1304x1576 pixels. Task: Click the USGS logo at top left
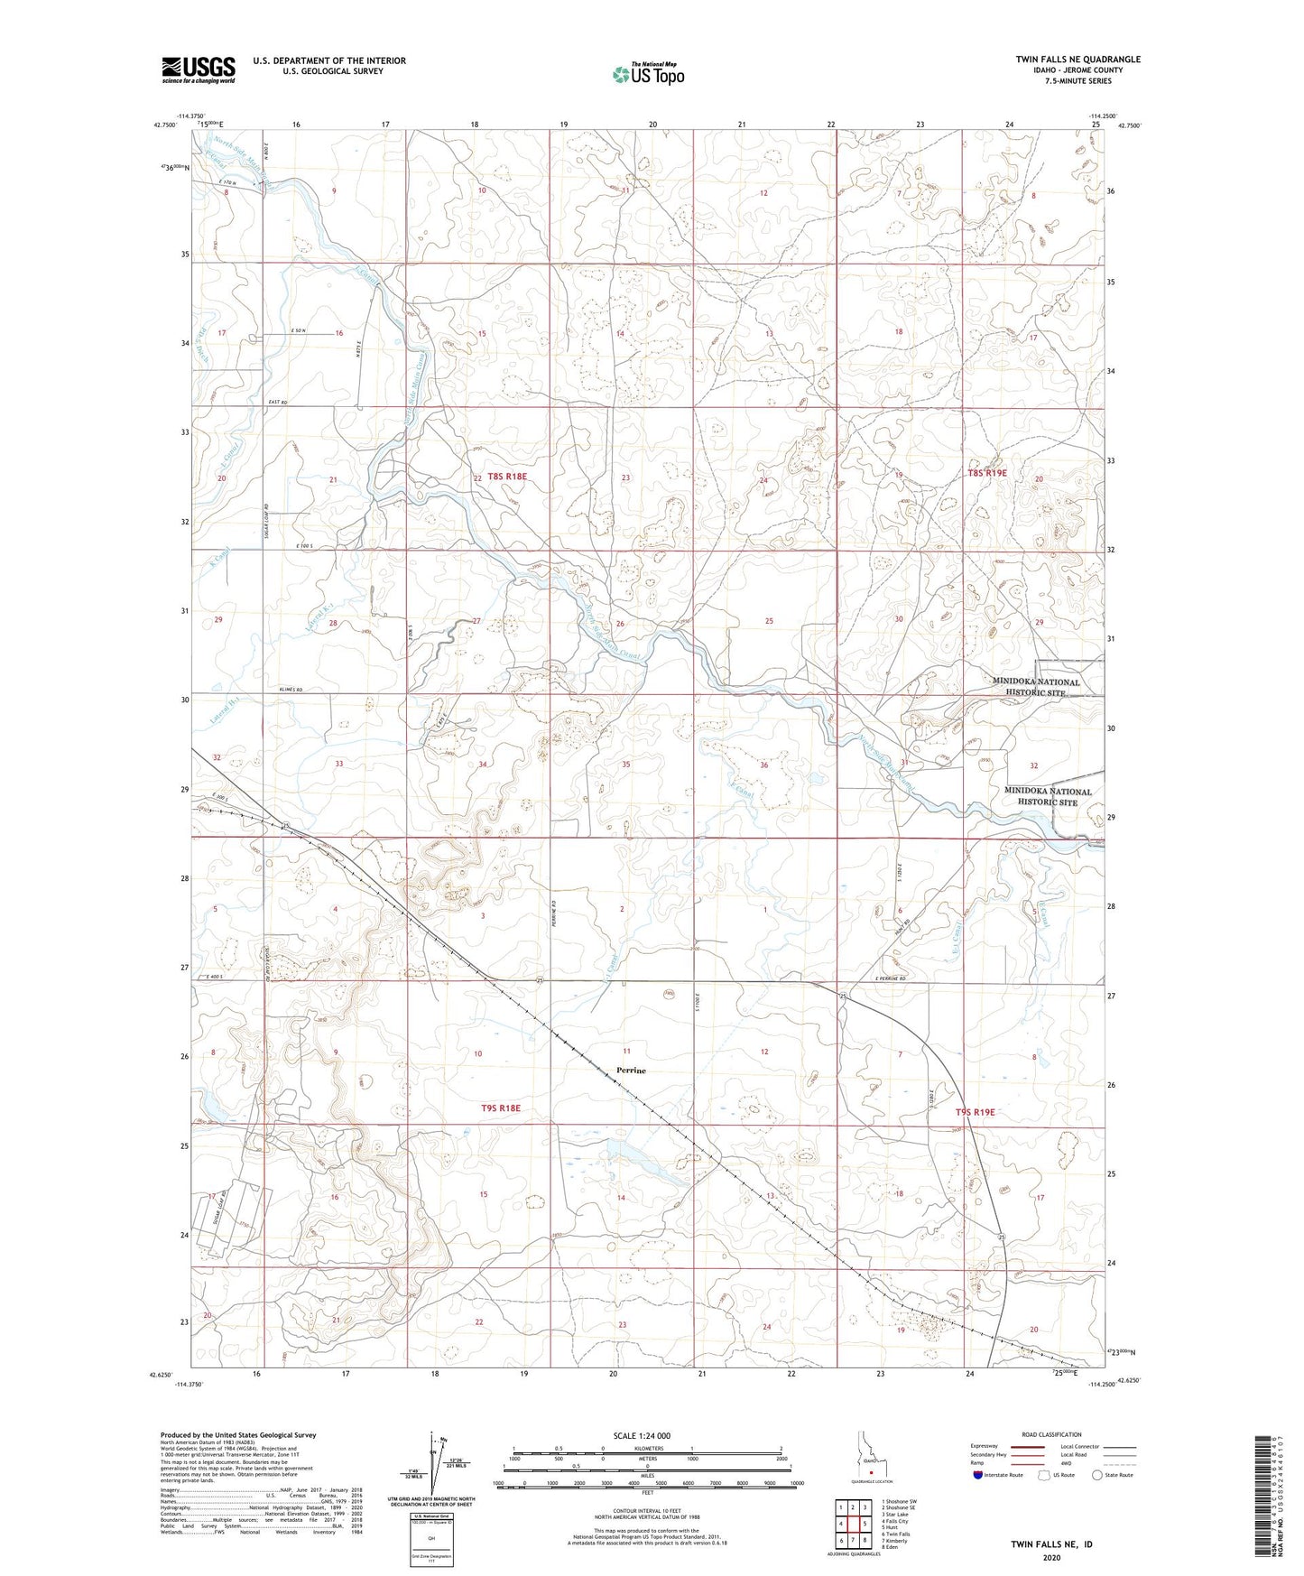(x=199, y=70)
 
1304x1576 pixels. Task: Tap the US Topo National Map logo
(x=648, y=74)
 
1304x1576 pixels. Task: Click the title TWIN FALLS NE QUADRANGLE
(x=1077, y=60)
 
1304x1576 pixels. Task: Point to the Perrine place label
(x=631, y=1071)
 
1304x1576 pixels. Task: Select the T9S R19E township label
(x=975, y=1112)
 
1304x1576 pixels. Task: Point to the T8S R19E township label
(x=986, y=473)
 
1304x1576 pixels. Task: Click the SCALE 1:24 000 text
(x=642, y=1435)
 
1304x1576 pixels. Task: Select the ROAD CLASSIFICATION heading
(x=1026, y=1434)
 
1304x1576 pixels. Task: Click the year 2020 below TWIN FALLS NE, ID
(x=1051, y=1557)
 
